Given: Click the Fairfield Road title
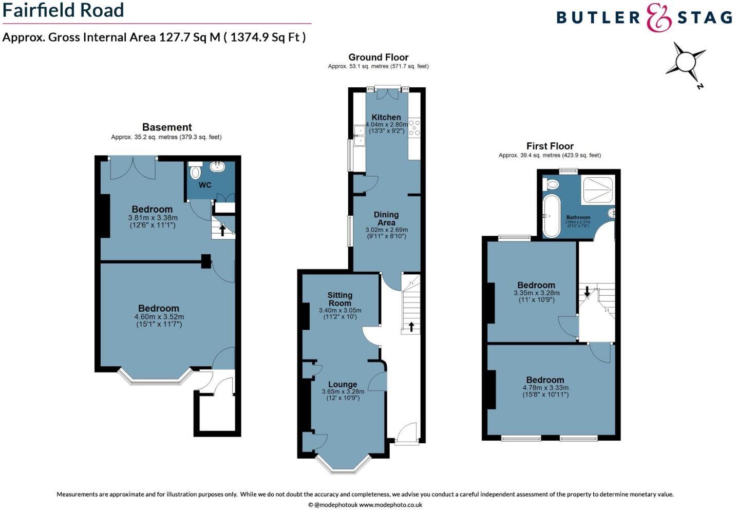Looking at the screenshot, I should (63, 10).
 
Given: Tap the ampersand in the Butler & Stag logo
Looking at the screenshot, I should (658, 17).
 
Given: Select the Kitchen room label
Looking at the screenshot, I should (386, 117).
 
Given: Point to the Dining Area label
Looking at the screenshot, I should (386, 218).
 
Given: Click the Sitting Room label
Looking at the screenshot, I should (340, 299).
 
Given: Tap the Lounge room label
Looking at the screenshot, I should (343, 384).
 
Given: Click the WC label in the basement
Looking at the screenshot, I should (204, 185).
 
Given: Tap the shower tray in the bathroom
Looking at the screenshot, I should (597, 190).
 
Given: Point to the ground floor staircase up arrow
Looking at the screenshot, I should (411, 326).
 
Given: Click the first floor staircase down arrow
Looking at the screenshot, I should (587, 291).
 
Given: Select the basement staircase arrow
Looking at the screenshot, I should (222, 230).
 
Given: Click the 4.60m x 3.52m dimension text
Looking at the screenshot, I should (159, 317).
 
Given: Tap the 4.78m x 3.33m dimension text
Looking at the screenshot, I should (545, 388).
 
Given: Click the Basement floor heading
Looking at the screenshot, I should (167, 127).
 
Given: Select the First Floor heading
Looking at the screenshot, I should (550, 146).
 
